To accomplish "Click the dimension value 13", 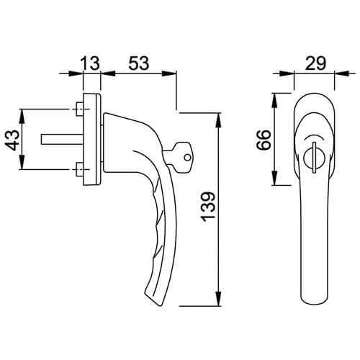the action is click(90, 63).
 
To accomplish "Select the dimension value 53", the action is click(139, 63).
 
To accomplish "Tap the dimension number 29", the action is click(315, 63).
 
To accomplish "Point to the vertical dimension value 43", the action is click(12, 140).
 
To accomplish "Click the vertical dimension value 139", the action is click(208, 207).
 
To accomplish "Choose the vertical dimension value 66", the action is click(264, 140).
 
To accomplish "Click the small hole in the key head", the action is click(188, 158).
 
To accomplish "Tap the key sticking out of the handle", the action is click(179, 158).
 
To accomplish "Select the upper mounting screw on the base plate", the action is click(79, 109).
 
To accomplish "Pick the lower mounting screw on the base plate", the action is click(79, 169).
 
